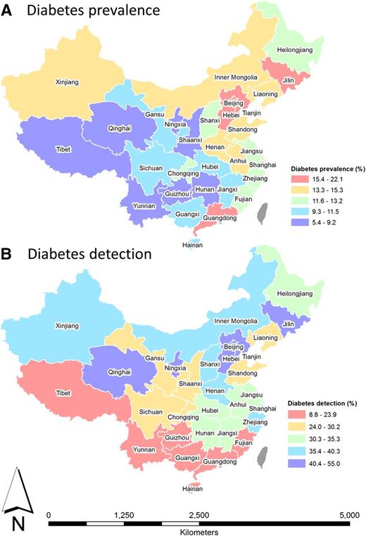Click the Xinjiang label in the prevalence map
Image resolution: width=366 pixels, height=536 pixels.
pos(69,82)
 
